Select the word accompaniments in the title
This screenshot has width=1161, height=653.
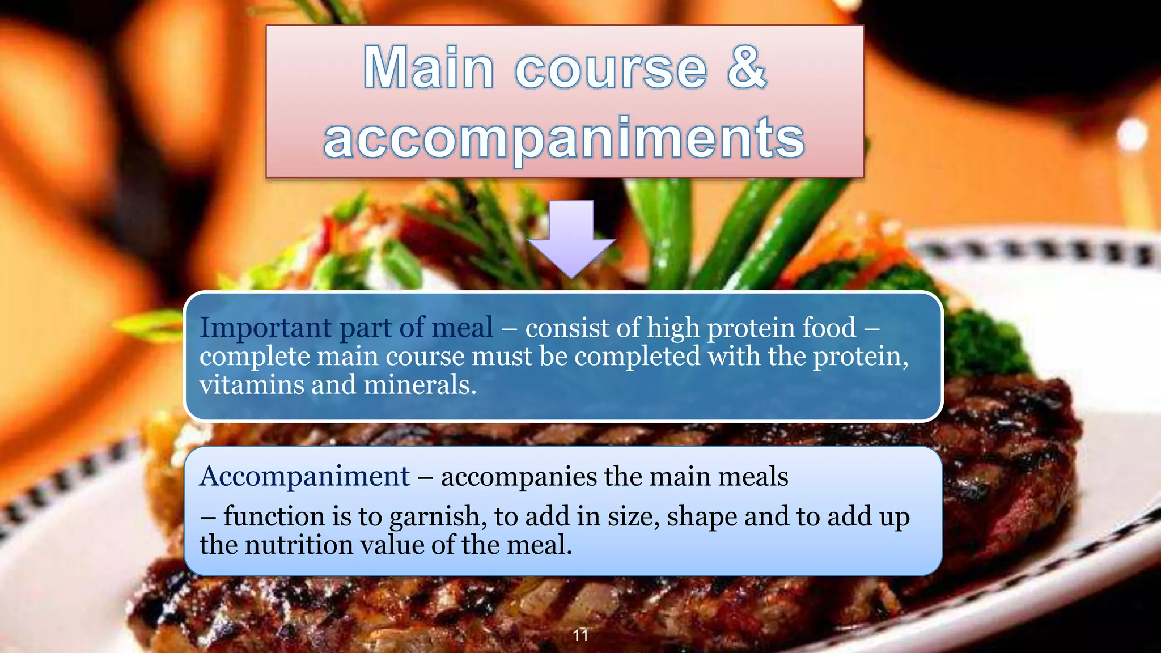click(x=564, y=138)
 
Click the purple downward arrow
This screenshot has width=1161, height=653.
click(x=571, y=239)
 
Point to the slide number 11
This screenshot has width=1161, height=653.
click(x=580, y=635)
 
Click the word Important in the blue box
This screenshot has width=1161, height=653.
click(x=265, y=328)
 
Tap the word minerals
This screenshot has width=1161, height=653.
click(x=419, y=385)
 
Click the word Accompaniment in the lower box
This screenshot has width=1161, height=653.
click(x=304, y=476)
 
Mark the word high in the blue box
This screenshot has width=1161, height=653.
click(x=672, y=328)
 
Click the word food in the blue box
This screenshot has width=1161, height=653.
click(x=833, y=328)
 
